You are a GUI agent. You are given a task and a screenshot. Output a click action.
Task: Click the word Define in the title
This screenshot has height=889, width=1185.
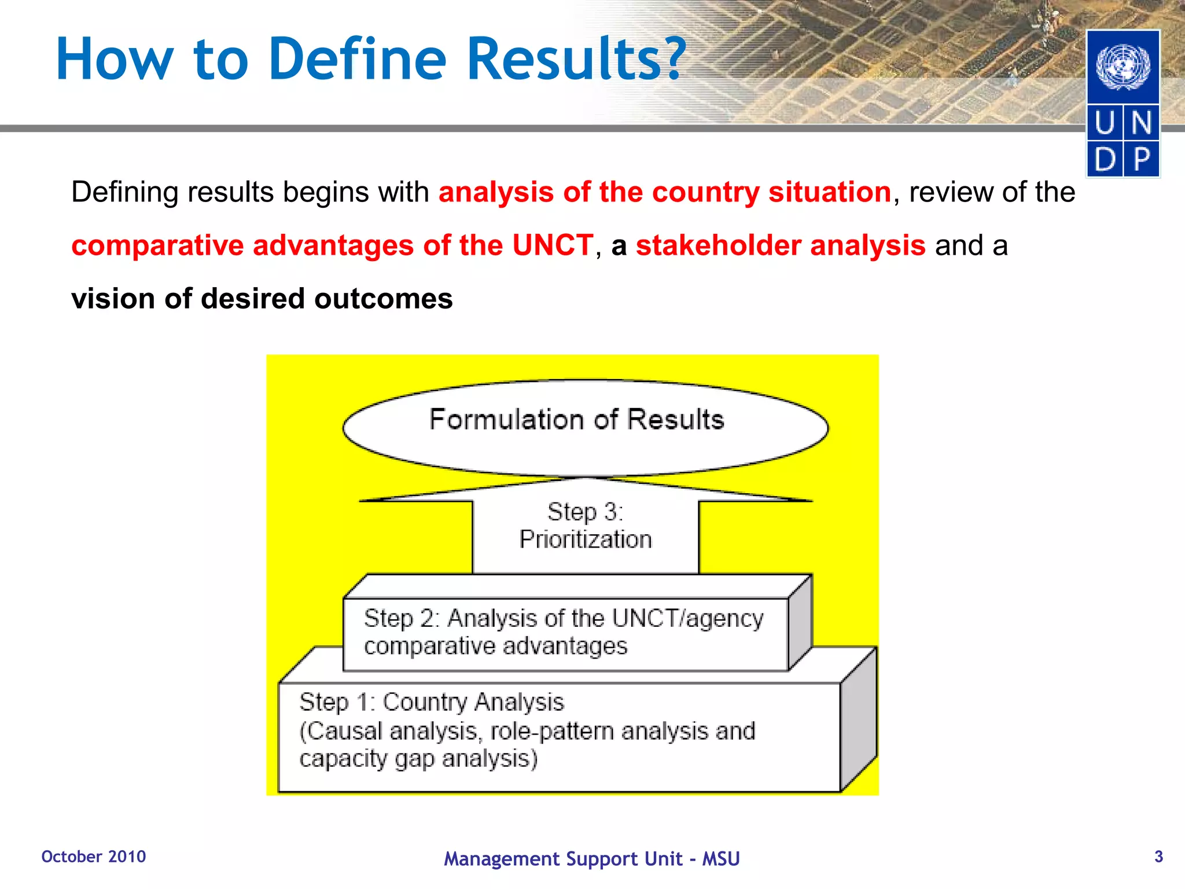[357, 58]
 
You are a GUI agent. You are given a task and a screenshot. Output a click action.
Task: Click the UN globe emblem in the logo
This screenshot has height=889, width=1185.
[1123, 67]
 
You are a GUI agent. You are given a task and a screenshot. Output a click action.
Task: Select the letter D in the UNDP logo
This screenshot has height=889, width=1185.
[1105, 159]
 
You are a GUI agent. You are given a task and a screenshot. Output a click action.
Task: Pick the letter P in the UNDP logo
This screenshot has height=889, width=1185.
[1142, 159]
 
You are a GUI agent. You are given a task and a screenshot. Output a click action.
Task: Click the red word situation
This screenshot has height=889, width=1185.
[829, 192]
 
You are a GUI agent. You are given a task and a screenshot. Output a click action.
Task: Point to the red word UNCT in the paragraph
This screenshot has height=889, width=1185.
[553, 245]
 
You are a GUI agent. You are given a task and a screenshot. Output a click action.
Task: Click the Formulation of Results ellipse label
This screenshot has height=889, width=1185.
[576, 420]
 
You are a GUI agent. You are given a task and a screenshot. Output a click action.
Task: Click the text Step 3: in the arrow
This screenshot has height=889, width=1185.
[585, 512]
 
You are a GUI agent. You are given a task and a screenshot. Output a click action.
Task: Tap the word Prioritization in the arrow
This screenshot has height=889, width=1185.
[585, 539]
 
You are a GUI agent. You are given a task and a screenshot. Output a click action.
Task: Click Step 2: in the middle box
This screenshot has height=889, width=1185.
[402, 619]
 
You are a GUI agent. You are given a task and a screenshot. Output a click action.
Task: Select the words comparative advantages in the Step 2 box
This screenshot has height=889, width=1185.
[495, 646]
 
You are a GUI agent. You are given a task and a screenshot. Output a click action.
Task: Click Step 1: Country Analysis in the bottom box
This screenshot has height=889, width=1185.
[431, 702]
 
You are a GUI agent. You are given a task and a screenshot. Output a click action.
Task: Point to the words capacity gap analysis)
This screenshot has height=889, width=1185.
[418, 759]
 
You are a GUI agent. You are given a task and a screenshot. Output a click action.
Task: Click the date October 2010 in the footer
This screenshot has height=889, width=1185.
[94, 857]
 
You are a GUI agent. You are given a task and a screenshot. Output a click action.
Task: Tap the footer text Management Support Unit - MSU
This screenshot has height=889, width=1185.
[591, 859]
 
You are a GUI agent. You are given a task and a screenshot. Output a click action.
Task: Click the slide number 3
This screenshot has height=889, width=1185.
[1158, 857]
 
